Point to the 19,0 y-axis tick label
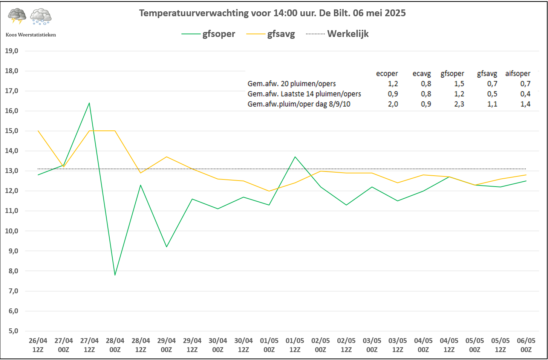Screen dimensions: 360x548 click(12, 51)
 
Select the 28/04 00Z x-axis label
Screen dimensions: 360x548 click(115, 345)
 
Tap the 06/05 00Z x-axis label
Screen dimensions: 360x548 click(526, 345)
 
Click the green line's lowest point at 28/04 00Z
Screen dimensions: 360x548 click(115, 275)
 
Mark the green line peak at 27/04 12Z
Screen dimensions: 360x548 click(89, 103)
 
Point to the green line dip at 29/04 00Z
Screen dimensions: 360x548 click(167, 247)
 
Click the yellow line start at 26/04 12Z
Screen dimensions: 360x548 click(38, 131)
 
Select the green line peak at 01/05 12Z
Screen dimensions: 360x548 click(295, 157)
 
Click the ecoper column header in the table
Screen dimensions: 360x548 click(387, 74)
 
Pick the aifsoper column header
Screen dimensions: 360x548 click(517, 74)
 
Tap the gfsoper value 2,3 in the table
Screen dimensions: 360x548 click(459, 104)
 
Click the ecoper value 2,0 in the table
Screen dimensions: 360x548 click(393, 104)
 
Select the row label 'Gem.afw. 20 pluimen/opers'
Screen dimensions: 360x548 click(291, 84)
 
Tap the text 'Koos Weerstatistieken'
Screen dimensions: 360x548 click(31, 35)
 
